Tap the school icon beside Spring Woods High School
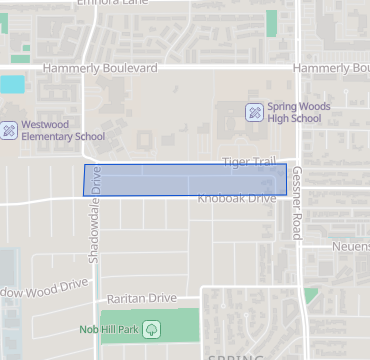coord(255,111)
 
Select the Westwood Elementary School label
coord(62,130)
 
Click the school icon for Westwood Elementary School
coord(8,130)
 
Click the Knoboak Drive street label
coord(236,199)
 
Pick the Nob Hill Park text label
coord(109,328)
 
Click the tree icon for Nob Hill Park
coord(152,328)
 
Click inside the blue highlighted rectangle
coord(185,179)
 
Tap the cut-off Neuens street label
coord(352,243)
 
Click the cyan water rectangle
coord(12,85)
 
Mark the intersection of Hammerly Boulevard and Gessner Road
coord(302,68)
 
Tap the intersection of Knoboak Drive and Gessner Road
coord(301,199)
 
